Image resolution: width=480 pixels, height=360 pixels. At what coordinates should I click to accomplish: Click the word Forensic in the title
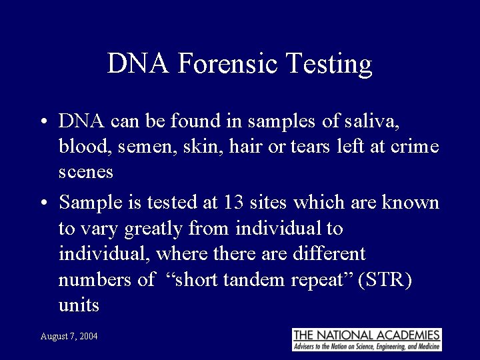229,64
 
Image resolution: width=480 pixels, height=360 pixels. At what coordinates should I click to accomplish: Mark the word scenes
86,173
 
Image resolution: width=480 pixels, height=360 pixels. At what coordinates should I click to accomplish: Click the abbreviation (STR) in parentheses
385,280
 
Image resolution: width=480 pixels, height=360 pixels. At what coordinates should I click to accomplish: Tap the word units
79,306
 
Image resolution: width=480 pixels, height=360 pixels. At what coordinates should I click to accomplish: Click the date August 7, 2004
69,337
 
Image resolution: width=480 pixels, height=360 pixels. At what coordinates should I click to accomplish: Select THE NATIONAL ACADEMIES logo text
367,335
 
